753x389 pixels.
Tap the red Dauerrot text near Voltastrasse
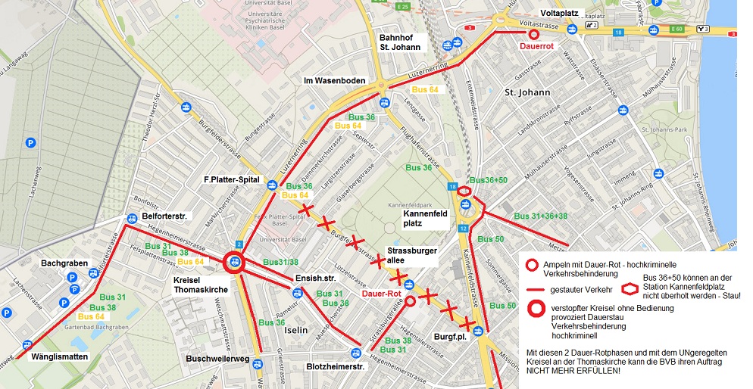click(539, 46)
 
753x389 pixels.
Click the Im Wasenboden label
click(335, 81)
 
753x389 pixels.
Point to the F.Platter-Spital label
click(231, 181)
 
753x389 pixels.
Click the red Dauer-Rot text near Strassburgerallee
click(380, 292)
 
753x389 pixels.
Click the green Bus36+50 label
click(489, 180)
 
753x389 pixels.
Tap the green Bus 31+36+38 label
click(541, 216)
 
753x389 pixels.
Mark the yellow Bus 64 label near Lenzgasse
click(425, 90)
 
